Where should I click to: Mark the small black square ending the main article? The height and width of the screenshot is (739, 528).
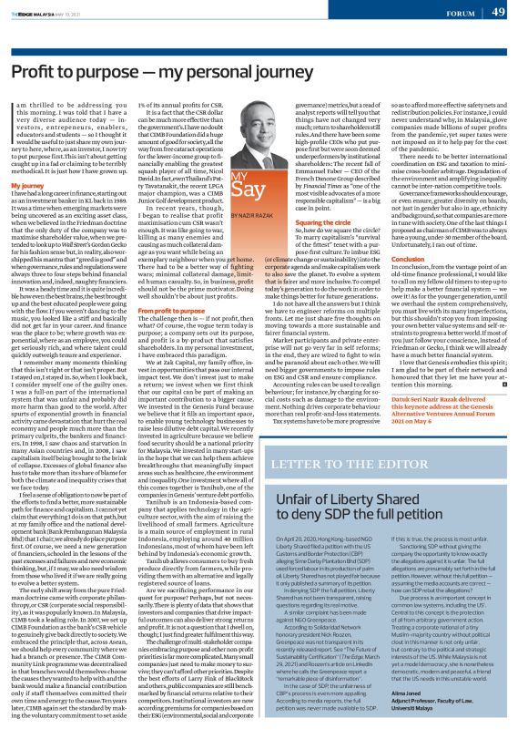click(x=502, y=385)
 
